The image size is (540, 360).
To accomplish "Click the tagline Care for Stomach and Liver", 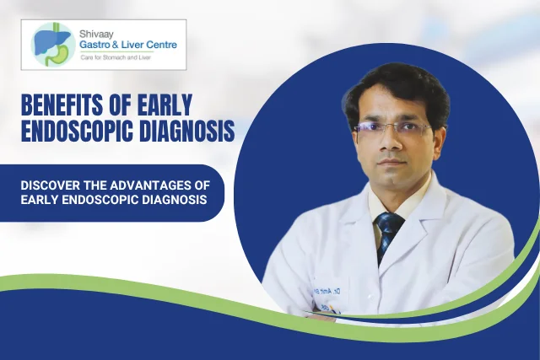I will pos(121,57).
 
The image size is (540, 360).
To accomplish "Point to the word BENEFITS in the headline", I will pos(60,106).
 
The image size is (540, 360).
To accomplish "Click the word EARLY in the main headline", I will pos(158,106).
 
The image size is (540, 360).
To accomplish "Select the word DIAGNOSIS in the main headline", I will pos(186,132).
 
